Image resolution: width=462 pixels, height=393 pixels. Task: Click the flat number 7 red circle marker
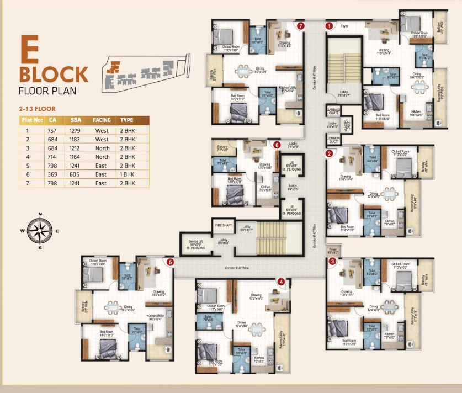point(300,25)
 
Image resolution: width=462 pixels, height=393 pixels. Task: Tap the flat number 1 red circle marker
point(328,25)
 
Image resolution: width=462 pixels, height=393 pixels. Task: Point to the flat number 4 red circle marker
point(282,282)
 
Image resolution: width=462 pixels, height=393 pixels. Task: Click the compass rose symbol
point(40,230)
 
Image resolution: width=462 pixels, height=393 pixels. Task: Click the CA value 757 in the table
point(52,130)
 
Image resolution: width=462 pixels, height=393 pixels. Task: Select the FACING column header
point(102,119)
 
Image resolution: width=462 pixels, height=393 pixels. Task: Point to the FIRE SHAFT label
point(223,225)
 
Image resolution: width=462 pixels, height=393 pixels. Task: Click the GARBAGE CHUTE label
point(333,111)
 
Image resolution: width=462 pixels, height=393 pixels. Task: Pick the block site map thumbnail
point(146,73)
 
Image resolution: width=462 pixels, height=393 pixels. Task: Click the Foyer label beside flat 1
point(344,26)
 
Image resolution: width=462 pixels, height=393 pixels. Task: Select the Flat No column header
point(31,119)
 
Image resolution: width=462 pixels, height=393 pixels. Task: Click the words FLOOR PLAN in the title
point(47,91)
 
